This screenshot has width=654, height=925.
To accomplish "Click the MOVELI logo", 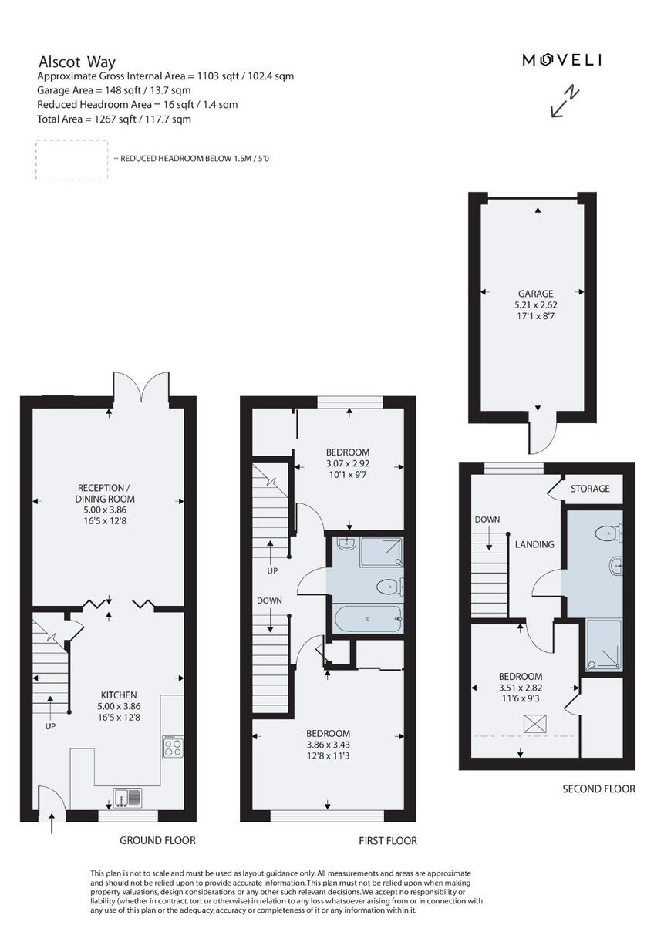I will (x=561, y=60).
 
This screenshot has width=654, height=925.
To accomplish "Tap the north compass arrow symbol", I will (x=565, y=102).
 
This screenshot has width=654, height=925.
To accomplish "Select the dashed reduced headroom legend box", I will (x=72, y=160).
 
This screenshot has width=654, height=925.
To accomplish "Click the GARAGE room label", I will (x=535, y=294).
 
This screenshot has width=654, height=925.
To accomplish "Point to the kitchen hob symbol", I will (x=172, y=746).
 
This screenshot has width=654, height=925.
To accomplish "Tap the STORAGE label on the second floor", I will (x=590, y=489).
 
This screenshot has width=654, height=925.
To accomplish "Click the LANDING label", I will (x=534, y=544).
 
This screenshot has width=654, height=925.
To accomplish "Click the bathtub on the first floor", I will (x=366, y=618).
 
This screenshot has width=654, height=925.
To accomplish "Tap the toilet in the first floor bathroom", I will (x=388, y=587).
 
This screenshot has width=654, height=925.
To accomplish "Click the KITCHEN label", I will (x=118, y=695).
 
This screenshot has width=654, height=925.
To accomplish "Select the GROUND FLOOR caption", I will (x=157, y=840).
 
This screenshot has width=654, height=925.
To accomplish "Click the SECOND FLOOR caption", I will (x=598, y=789).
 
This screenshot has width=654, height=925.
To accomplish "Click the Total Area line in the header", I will (x=114, y=119).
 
